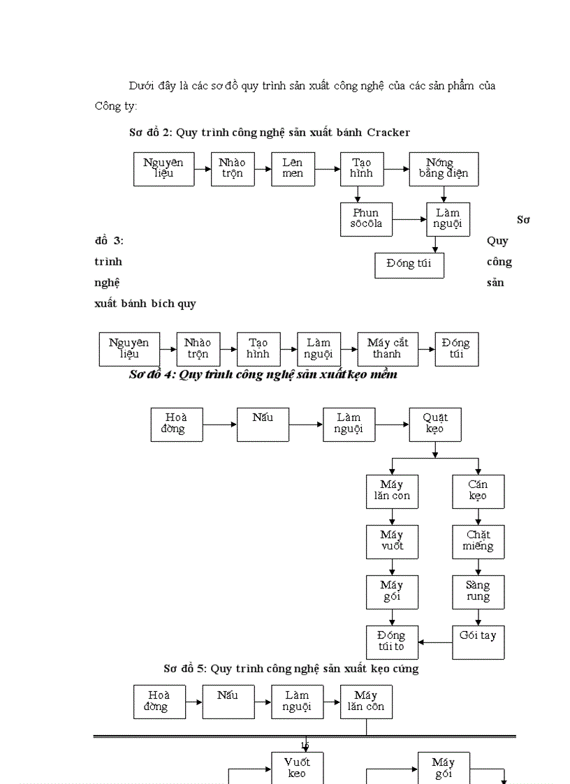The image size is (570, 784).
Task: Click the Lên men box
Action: point(293,169)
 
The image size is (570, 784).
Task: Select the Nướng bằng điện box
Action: point(444,169)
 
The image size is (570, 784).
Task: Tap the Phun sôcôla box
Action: point(366,219)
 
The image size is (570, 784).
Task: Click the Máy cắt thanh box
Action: point(388,349)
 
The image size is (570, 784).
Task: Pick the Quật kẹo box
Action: point(435,424)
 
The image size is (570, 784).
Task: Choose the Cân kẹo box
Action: point(478,491)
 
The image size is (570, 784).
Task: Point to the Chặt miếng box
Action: point(478,542)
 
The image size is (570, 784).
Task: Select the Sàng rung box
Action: point(478,592)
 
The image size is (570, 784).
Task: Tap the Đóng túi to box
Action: point(392,642)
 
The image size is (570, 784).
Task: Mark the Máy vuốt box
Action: point(392,542)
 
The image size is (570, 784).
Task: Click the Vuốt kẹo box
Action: point(297,767)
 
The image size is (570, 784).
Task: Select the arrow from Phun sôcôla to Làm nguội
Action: point(409,219)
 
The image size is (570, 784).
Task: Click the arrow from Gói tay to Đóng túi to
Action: point(435,642)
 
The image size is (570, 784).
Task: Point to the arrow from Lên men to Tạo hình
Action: point(328,169)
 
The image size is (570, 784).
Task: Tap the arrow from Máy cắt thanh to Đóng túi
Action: point(427,349)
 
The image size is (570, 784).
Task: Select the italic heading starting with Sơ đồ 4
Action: point(263,375)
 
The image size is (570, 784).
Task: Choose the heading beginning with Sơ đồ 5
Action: point(291,669)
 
